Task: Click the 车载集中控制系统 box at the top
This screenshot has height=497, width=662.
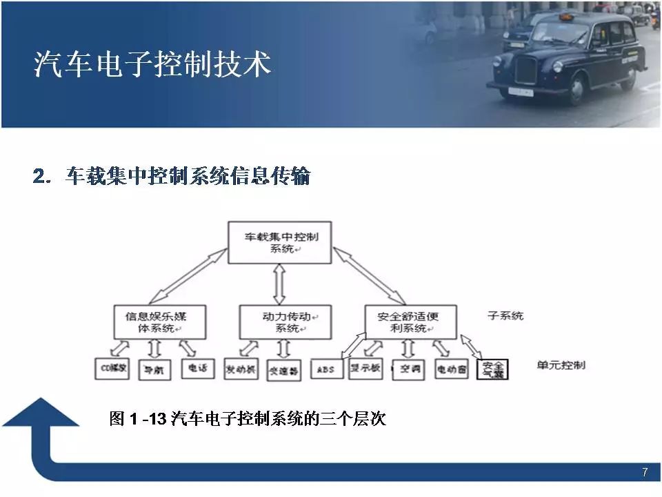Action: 279,242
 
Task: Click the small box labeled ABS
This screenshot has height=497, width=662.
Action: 326,369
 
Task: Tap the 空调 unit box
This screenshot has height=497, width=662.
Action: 408,369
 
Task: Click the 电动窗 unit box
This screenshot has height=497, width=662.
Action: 452,369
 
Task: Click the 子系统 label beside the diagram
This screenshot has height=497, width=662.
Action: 505,316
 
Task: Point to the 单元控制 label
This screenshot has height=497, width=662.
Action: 561,364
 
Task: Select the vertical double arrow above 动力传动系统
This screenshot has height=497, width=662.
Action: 279,284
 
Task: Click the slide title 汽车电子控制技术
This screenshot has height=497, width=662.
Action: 152,65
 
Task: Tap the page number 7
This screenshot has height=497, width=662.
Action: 645,472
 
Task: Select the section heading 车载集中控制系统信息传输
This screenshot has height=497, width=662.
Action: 172,177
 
